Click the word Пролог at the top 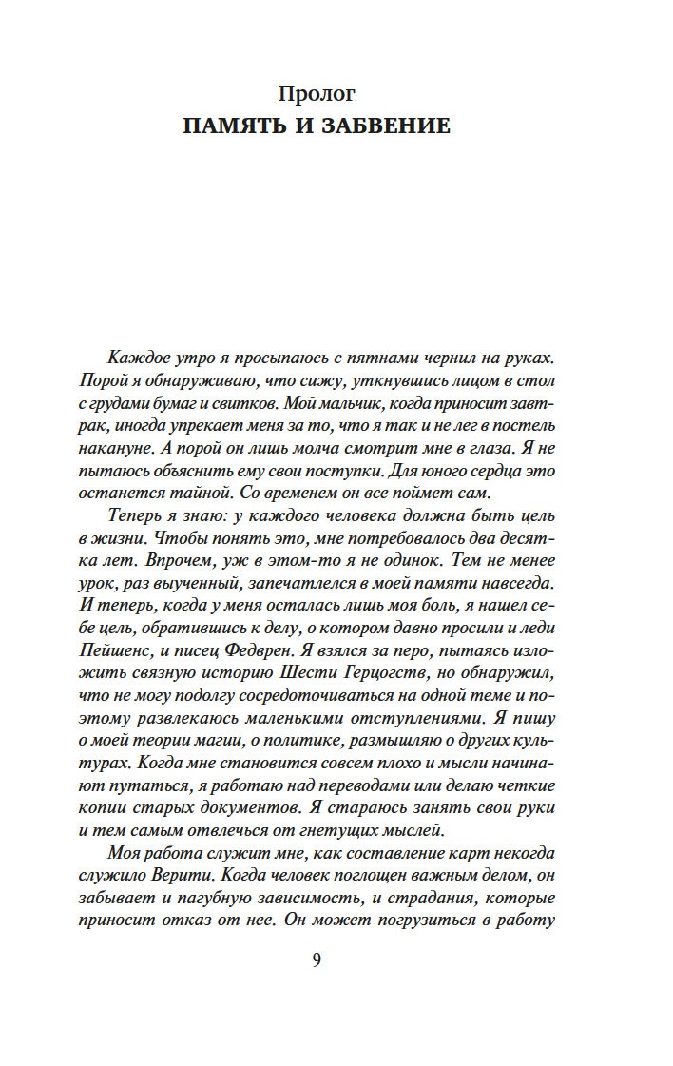pyautogui.click(x=317, y=93)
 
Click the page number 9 pyautogui.click(x=317, y=959)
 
